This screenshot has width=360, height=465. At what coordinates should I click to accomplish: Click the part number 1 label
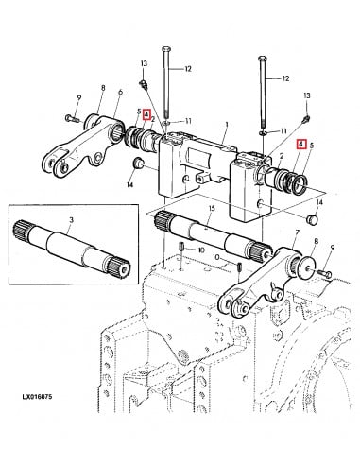[226, 125]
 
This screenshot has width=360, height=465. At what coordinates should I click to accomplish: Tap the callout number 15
[212, 207]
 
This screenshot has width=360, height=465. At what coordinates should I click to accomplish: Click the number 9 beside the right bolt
[330, 247]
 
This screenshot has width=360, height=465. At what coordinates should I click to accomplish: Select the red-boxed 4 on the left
[146, 115]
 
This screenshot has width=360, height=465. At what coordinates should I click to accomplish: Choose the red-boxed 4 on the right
[301, 146]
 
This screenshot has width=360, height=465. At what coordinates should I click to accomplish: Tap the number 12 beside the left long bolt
[187, 69]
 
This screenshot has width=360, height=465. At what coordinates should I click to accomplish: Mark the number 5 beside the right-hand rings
[315, 146]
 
